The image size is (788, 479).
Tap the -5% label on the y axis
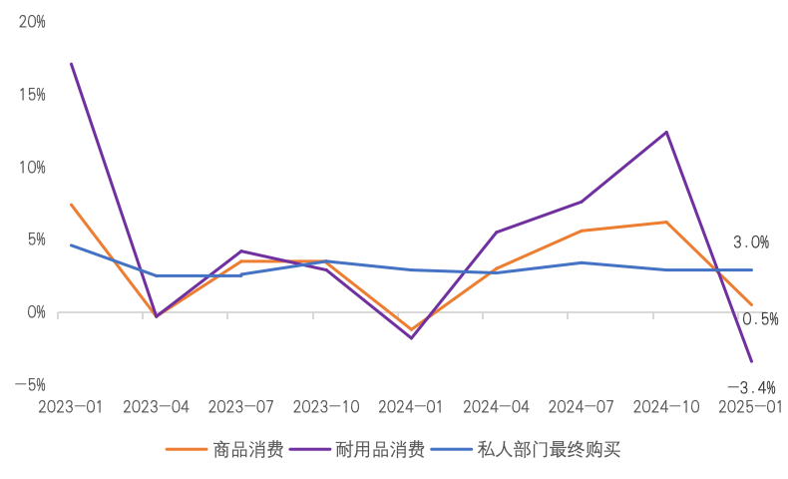click(x=29, y=385)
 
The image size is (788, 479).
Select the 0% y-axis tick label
click(x=36, y=312)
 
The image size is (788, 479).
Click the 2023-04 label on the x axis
click(x=157, y=407)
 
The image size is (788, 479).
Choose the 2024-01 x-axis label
click(x=411, y=407)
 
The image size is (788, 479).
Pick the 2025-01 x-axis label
click(x=750, y=407)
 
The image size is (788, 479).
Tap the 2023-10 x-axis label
click(x=326, y=407)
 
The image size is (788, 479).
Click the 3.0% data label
click(x=751, y=242)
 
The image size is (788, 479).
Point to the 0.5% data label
click(x=760, y=319)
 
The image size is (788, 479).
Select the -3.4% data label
click(x=750, y=387)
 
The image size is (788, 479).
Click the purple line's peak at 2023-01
click(x=71, y=64)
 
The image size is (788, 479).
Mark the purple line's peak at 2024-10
click(x=666, y=132)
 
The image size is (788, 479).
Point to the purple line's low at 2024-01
click(x=411, y=338)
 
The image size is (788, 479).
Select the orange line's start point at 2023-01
click(x=71, y=205)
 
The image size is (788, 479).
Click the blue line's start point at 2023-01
click(x=71, y=245)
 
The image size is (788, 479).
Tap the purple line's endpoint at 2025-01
click(x=751, y=361)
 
